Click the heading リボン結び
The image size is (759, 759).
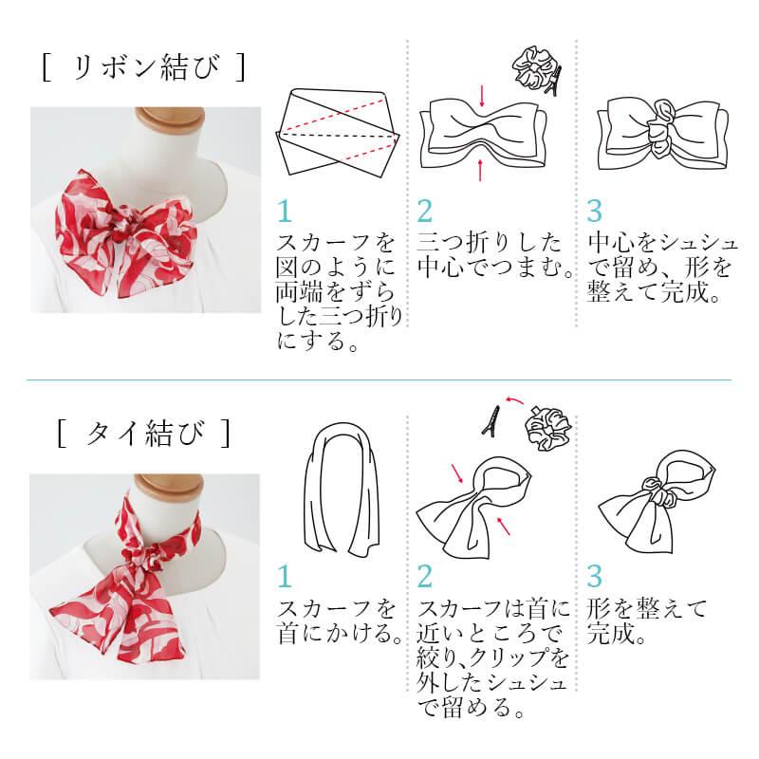coord(144,67)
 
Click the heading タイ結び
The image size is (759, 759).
coord(144,434)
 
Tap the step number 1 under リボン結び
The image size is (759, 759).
coord(285,212)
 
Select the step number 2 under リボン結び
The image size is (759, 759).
coord(424,212)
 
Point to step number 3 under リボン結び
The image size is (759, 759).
coord(595,212)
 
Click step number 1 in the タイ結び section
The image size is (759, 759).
coord(285,577)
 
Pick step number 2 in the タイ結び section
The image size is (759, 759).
coord(424,577)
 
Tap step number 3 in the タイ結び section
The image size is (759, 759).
coord(595,577)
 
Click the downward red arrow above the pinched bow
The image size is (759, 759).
coord(482,97)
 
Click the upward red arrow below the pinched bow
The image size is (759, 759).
coord(480,170)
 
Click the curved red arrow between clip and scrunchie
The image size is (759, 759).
coord(514,399)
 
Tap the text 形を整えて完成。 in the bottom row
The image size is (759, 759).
coord(647,621)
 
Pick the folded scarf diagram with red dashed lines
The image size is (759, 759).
coord(339,132)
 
